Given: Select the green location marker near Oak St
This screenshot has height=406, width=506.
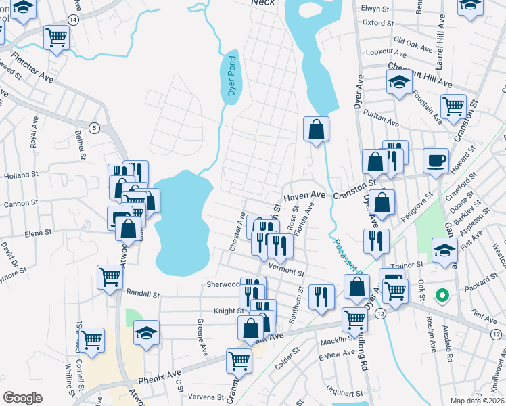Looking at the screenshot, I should pyautogui.click(x=442, y=296).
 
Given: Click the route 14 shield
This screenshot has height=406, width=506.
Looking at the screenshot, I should pyautogui.click(x=72, y=20).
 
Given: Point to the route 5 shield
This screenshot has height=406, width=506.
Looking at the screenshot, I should pyautogui.click(x=94, y=128).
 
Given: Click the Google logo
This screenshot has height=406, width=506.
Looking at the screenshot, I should pyautogui.click(x=22, y=398).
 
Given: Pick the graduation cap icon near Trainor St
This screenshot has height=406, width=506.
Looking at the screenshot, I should pyautogui.click(x=444, y=250).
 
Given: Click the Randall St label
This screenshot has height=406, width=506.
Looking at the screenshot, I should pyautogui.click(x=143, y=294).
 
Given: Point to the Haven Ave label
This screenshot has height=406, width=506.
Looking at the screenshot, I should pyautogui.click(x=304, y=195).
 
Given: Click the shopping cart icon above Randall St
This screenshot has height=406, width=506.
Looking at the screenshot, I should pyautogui.click(x=110, y=276).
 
